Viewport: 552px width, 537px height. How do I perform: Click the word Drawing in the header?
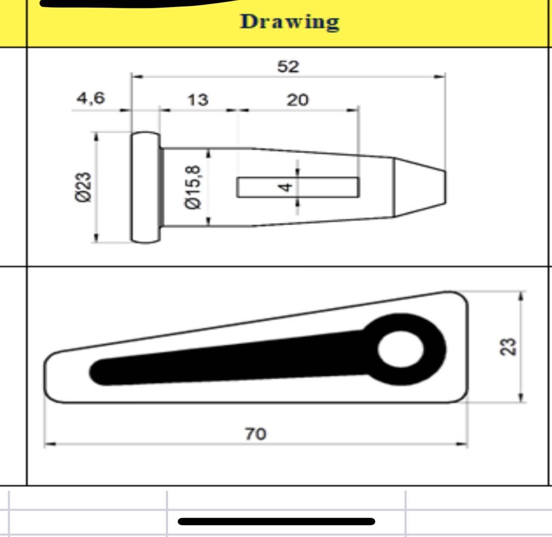[x=290, y=22]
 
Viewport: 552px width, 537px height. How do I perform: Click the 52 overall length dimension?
[x=288, y=66]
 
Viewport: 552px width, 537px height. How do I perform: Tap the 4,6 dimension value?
[x=91, y=98]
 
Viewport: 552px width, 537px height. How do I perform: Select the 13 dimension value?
[x=197, y=100]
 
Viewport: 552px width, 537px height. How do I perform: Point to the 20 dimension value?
[x=297, y=100]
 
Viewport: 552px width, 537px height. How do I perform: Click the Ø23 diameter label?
[x=84, y=187]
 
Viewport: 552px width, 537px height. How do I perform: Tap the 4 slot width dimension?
[x=285, y=187]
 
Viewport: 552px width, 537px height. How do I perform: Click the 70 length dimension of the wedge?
[x=255, y=434]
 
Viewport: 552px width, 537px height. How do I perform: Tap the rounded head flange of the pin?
[x=145, y=187]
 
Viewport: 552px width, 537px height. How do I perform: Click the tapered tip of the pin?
[x=420, y=187]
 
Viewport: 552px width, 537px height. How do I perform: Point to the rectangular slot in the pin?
[x=259, y=187]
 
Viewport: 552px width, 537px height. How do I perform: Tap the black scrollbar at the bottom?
[x=276, y=521]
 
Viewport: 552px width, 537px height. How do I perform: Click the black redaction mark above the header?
[x=134, y=4]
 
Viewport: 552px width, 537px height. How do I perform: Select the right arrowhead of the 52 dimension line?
[x=441, y=77]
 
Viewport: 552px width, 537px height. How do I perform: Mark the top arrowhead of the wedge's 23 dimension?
[x=521, y=296]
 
